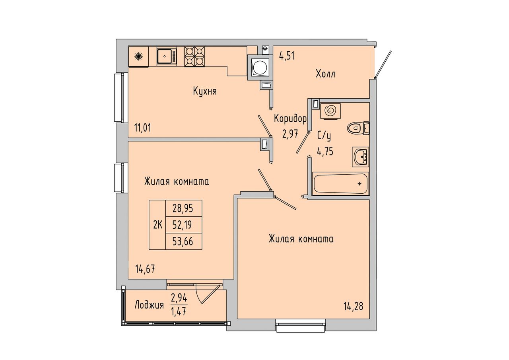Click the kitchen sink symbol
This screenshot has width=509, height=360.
pos(167,56)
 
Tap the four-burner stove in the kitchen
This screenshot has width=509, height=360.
pos(194,56)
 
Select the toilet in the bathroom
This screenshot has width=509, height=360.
pos(358,128)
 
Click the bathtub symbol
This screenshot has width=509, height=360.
pos(341,184)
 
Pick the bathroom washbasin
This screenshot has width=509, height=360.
pos(361,157)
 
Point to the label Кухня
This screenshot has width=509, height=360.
pos(205,91)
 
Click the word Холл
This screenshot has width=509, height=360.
pos(325,74)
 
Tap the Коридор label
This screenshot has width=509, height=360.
pos(290,119)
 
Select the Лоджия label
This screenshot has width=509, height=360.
pos(149,305)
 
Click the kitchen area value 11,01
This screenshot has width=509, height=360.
pos(142,128)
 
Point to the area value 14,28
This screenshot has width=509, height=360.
pos(353,307)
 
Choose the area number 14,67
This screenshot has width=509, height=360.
pos(145,269)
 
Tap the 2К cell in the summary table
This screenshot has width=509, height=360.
pos(157,225)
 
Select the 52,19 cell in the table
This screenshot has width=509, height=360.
pos(184,225)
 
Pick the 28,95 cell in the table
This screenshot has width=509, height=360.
pos(184,208)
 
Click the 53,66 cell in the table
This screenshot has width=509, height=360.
pos(184,241)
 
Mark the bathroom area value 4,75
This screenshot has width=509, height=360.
pos(325,151)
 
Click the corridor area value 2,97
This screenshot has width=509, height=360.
pos(290,134)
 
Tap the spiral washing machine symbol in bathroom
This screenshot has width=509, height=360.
pos(330,111)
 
